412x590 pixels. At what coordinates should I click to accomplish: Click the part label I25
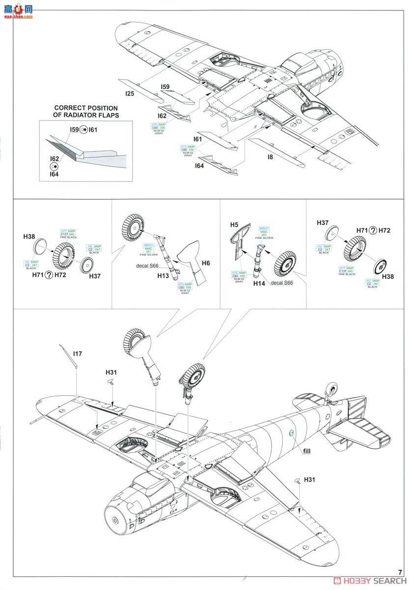(x=130, y=92)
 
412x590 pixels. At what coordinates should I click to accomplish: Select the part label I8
(x=270, y=157)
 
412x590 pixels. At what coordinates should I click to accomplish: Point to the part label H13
(x=163, y=276)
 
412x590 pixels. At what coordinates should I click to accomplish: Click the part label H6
(x=205, y=264)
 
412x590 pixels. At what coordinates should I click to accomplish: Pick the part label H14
(x=259, y=284)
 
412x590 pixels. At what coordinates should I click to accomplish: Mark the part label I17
(x=78, y=353)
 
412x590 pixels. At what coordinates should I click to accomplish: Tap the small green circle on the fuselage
(x=291, y=433)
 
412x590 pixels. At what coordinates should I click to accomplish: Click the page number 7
(x=400, y=572)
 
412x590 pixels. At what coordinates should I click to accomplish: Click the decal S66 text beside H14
(x=282, y=284)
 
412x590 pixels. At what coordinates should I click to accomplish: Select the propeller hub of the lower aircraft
(x=116, y=520)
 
